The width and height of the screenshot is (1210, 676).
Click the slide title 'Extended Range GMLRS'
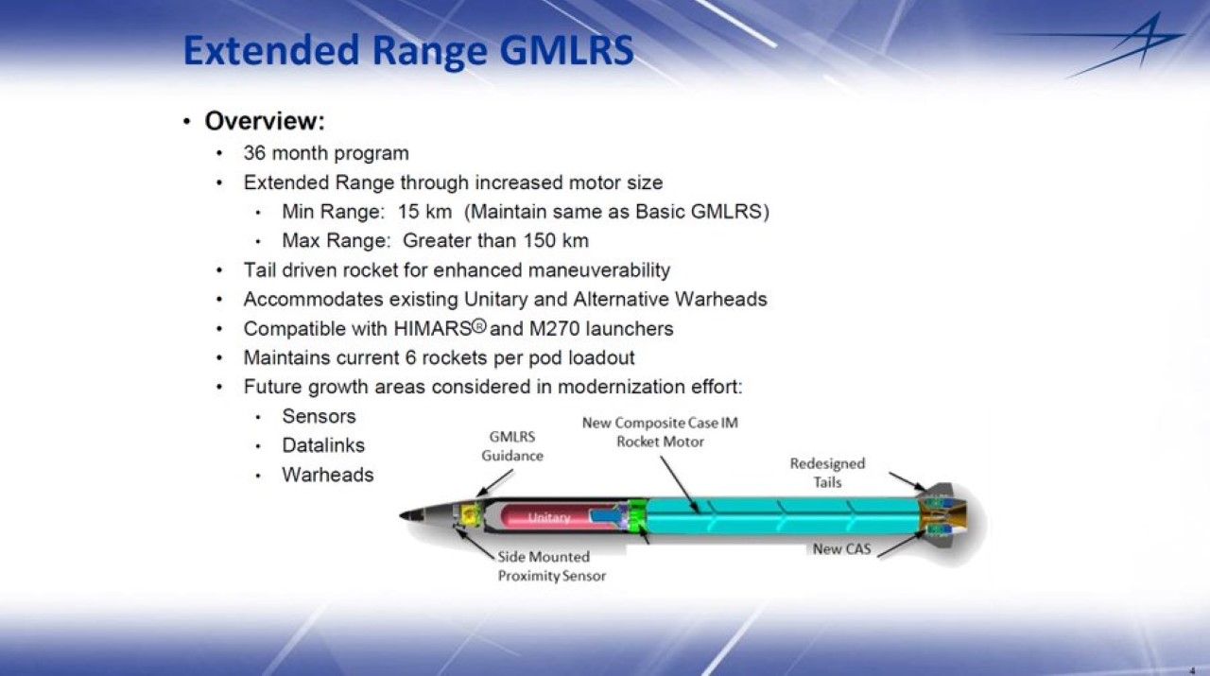(x=407, y=51)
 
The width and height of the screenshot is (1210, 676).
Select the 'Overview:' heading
(x=265, y=122)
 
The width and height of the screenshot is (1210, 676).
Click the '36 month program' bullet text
(x=326, y=153)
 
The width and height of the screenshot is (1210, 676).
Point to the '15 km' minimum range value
(x=424, y=212)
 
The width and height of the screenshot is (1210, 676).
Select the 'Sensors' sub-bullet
(x=319, y=416)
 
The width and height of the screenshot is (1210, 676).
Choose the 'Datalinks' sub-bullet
(x=323, y=445)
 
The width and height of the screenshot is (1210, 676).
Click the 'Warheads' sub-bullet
(x=327, y=475)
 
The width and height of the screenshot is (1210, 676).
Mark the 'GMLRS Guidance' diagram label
(x=512, y=446)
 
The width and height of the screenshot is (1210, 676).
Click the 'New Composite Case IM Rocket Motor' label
(x=660, y=432)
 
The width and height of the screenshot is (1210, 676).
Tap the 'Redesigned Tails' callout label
(x=827, y=473)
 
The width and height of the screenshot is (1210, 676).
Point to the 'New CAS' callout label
(x=841, y=549)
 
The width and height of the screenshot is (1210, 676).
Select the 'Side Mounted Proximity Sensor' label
(x=551, y=566)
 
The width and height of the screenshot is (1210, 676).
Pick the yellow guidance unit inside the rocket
(x=467, y=515)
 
